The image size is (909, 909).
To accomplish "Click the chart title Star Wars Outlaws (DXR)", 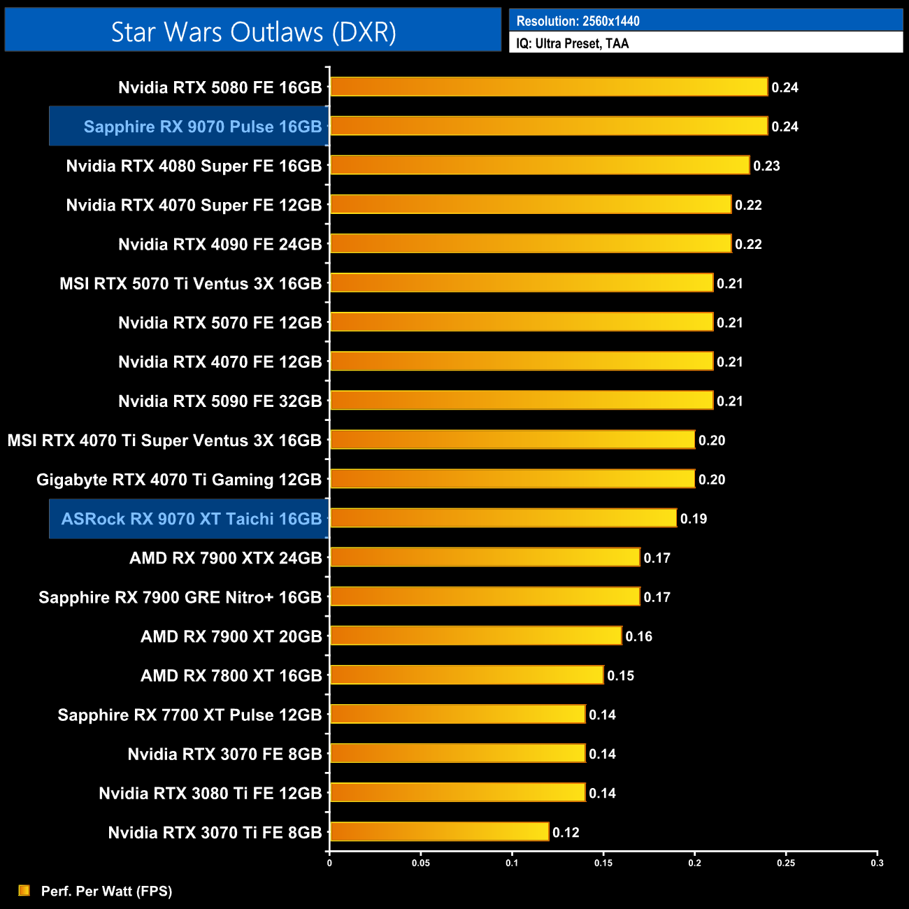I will (253, 32).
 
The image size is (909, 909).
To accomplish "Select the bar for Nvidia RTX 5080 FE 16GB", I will (549, 87).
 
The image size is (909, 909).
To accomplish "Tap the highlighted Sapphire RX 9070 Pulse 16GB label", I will (202, 127).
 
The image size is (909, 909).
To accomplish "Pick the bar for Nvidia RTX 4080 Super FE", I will (540, 165).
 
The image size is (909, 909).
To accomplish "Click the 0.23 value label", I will (766, 166).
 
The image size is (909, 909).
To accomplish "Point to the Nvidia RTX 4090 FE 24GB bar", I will (531, 243).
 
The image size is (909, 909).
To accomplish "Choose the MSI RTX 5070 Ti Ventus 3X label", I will (190, 284).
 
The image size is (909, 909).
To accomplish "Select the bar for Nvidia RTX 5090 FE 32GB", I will (522, 400).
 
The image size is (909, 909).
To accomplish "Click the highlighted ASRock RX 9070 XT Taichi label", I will (191, 519).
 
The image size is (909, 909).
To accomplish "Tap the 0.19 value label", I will (694, 519).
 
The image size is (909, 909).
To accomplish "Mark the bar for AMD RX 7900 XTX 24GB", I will (485, 557).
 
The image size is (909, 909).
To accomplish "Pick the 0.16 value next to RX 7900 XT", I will (638, 636).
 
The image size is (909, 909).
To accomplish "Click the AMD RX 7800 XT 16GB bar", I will (466, 675).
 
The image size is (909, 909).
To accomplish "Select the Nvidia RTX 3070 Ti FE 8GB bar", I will (439, 831).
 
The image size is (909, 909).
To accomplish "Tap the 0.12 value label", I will (566, 832).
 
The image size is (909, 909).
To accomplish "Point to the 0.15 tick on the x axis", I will (603, 863).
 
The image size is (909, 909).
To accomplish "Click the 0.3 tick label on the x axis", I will (877, 863).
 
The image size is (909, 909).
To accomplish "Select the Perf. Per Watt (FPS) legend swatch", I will (24, 890).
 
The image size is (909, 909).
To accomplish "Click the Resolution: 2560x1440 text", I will (578, 21).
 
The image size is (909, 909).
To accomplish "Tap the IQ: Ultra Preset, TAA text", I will (572, 43).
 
